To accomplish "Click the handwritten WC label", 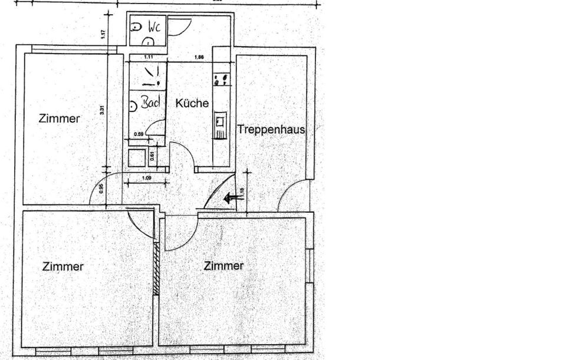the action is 154,27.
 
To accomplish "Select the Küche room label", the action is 192,103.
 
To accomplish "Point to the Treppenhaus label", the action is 271,129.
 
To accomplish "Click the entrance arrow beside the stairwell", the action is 233,199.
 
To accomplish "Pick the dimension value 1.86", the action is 199,57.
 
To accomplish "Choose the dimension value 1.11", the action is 148,57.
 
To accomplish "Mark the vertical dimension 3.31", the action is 103,110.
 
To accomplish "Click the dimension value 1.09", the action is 148,178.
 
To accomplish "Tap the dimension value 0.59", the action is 139,134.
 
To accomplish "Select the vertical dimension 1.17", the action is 103,35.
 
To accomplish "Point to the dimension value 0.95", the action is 101,189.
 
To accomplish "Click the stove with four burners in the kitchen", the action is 222,79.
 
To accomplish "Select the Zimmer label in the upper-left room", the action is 59,118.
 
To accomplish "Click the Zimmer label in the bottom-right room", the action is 223,266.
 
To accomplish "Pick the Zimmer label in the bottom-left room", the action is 63,266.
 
